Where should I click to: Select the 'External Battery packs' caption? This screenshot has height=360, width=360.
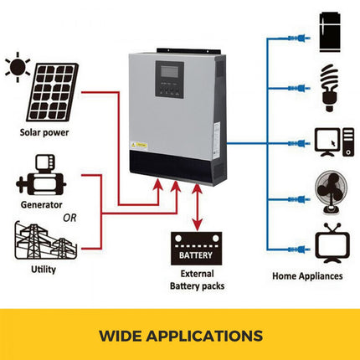tap(197, 280)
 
